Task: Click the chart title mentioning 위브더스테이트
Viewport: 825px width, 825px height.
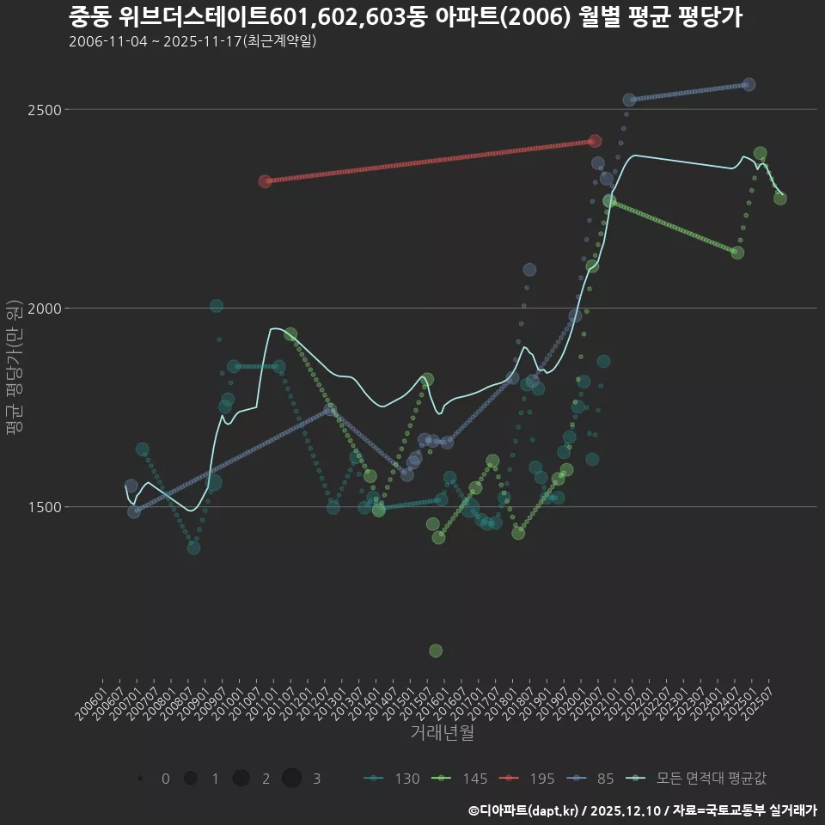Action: [x=405, y=17]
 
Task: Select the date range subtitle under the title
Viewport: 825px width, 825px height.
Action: [x=192, y=41]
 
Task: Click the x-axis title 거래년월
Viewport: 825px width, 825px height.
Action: [x=442, y=733]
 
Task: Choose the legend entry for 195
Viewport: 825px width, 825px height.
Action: [x=531, y=779]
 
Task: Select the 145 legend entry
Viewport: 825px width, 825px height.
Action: [x=463, y=779]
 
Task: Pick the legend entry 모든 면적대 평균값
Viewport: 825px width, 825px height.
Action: [x=700, y=779]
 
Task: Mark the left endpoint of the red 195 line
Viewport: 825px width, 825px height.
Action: [x=266, y=181]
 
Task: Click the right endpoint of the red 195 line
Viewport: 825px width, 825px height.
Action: [x=596, y=141]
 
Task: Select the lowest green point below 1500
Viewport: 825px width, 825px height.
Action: [x=436, y=651]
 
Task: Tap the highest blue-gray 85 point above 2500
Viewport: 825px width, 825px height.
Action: [x=749, y=84]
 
